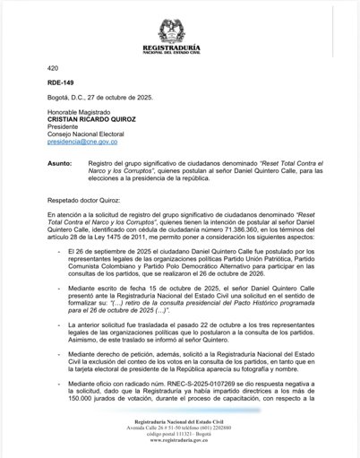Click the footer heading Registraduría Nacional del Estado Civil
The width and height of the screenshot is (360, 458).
(179, 420)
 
